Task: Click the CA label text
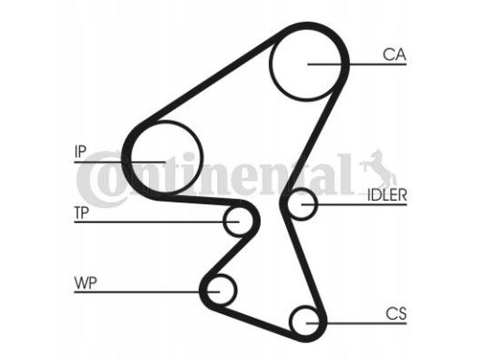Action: pos(394,54)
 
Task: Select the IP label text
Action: pos(81,151)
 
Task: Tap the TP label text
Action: pos(82,212)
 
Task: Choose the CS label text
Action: pos(395,312)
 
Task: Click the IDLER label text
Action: pos(386,195)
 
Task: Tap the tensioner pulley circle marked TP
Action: pos(239,221)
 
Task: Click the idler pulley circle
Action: pos(301,203)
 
